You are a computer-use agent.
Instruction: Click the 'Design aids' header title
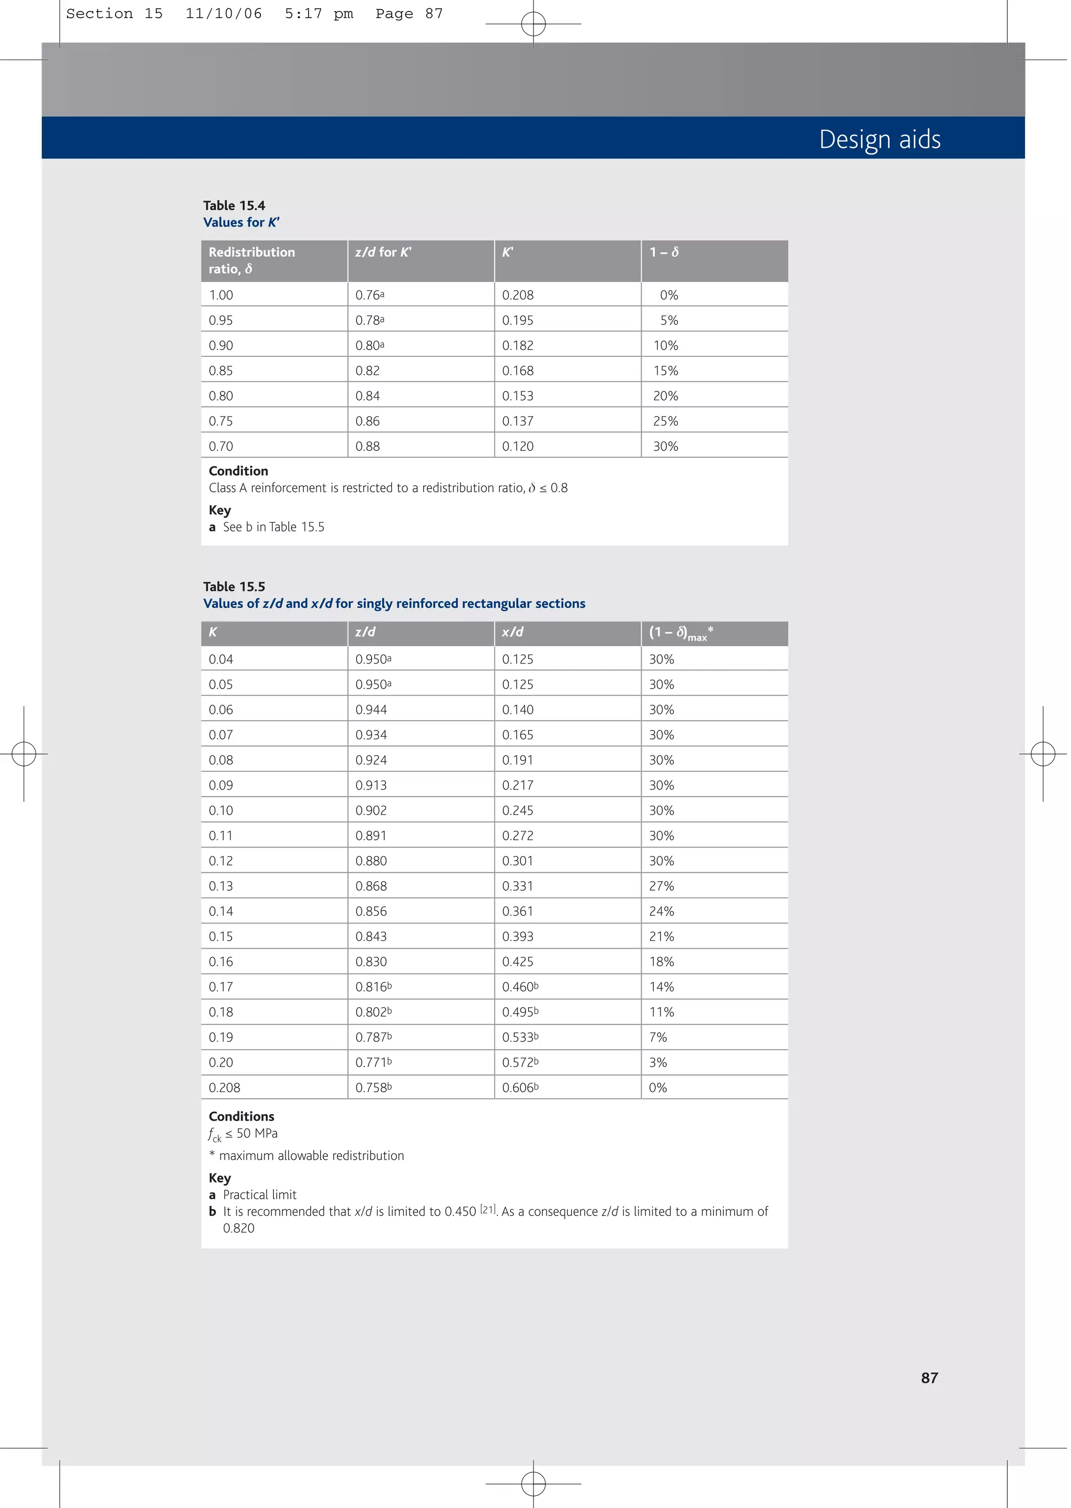tap(879, 139)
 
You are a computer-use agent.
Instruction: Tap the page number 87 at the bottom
tap(929, 1377)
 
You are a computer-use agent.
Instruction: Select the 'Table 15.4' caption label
tap(234, 205)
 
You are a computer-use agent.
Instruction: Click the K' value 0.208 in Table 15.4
tap(518, 295)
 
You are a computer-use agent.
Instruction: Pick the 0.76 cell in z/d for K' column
tap(369, 295)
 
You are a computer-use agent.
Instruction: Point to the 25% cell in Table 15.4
tap(665, 421)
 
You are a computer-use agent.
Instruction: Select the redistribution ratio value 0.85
tap(221, 371)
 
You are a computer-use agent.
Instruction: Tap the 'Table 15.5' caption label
tap(234, 587)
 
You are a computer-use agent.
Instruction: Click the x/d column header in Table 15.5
tap(512, 632)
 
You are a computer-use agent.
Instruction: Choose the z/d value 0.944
tap(371, 710)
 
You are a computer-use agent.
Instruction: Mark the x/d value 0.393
tap(518, 937)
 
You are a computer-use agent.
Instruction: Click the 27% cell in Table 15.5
tap(662, 886)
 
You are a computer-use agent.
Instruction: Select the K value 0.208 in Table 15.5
tap(224, 1088)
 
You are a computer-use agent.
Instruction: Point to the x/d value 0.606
tap(520, 1088)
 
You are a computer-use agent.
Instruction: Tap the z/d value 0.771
tap(373, 1063)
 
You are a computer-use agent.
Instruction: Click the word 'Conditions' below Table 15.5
tap(242, 1116)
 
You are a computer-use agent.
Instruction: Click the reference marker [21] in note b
tap(488, 1209)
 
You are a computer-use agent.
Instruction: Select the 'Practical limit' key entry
tap(259, 1195)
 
